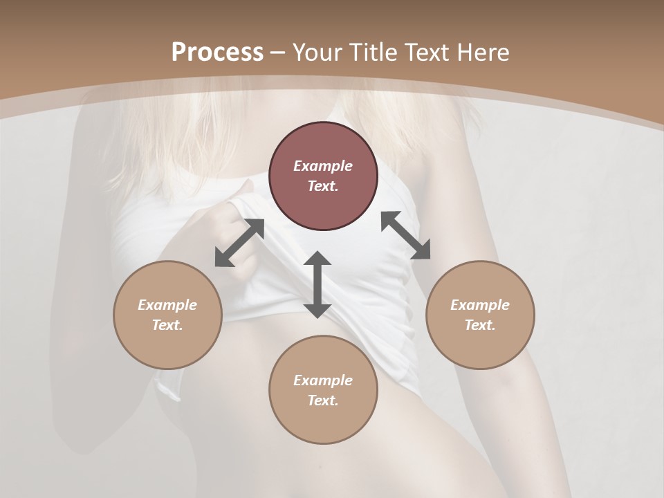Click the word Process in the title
(x=217, y=53)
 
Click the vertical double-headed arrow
(x=317, y=284)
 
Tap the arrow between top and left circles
(x=239, y=243)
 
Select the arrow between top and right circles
(x=405, y=235)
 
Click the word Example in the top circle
(x=323, y=166)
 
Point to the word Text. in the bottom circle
(x=323, y=400)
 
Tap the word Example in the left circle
(x=167, y=305)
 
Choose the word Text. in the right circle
(x=480, y=325)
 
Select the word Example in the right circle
(x=480, y=305)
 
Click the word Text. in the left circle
(x=167, y=325)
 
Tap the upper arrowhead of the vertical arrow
(x=317, y=259)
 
